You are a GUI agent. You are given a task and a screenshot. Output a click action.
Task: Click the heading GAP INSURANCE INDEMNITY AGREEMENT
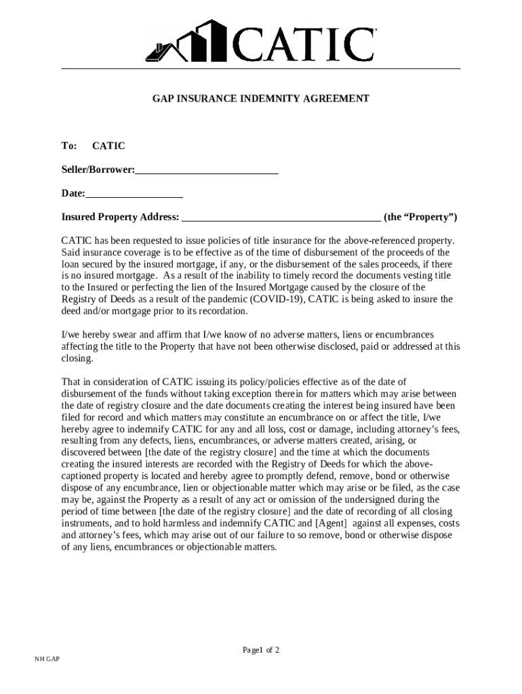(260, 99)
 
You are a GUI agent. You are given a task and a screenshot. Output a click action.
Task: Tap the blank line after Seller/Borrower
(207, 171)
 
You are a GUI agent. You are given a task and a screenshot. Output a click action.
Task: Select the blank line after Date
(134, 194)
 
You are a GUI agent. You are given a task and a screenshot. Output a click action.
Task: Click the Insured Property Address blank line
(281, 218)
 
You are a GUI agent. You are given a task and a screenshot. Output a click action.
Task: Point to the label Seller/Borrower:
(98, 169)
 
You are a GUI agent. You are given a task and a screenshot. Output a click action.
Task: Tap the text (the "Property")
(420, 218)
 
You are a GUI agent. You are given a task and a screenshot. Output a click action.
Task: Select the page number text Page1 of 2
(261, 650)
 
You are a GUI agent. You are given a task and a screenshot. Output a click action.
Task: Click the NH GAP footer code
(47, 659)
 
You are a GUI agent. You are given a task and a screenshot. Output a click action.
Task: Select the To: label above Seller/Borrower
(70, 146)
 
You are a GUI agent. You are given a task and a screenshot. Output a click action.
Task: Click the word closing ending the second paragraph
(77, 359)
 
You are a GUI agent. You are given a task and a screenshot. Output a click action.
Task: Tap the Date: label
(73, 194)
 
